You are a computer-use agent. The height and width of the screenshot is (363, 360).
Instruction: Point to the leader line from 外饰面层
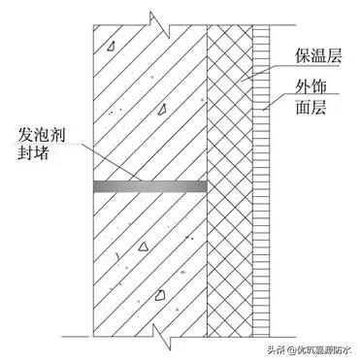pos(274,103)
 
